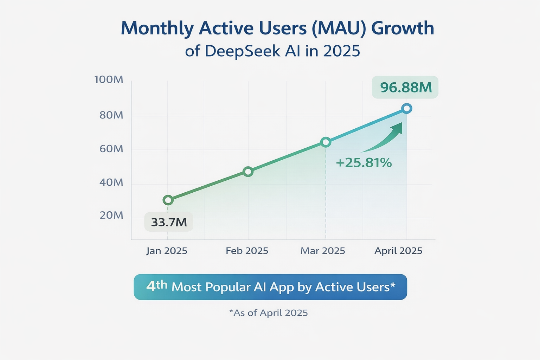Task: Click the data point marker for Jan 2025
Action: coord(168,200)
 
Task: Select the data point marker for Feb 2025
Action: coord(248,172)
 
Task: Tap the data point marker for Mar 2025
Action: coord(326,142)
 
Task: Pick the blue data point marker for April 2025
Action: coord(407,108)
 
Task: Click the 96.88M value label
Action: coord(405,87)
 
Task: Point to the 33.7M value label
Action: coord(169,222)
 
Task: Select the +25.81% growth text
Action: coord(364,162)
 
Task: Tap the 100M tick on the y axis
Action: coord(109,79)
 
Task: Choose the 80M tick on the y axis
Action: coord(111,115)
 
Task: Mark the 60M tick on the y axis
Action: coord(111,149)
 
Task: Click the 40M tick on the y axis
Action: coord(111,182)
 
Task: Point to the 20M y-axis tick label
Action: coord(111,215)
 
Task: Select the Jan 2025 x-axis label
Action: coord(167,251)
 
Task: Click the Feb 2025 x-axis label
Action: coord(247,251)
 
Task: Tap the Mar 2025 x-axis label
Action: coord(323,251)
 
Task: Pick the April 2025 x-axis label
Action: coord(398,251)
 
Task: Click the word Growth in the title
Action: coord(403,28)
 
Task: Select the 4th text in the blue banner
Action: coord(156,286)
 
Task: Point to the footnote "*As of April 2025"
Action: coord(268,313)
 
